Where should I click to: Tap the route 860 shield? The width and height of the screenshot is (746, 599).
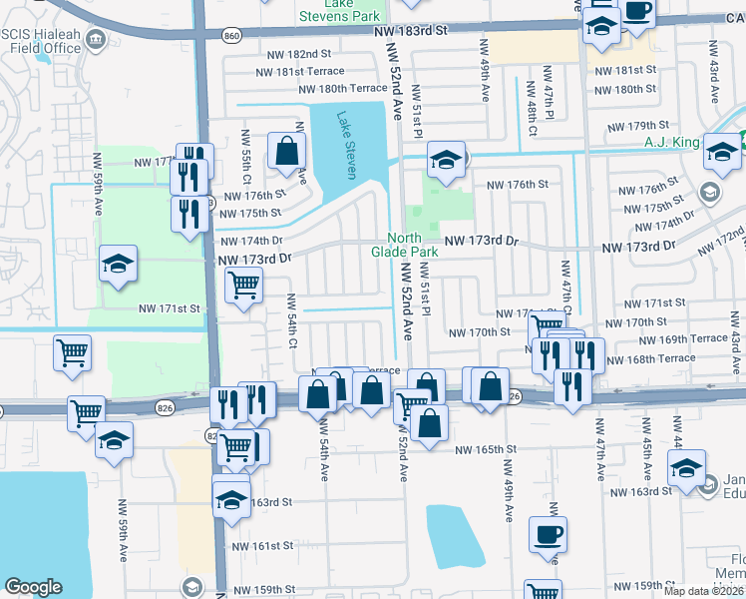pos(232,35)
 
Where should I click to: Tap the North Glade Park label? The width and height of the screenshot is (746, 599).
pos(414,245)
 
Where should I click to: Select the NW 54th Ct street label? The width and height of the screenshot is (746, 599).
pos(292,320)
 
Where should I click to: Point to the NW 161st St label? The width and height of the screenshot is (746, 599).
pos(262,546)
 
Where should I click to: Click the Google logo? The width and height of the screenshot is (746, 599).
pos(33,587)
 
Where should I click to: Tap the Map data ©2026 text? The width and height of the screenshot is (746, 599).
pos(703,591)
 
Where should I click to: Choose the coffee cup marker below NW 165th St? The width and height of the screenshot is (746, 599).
pos(548,533)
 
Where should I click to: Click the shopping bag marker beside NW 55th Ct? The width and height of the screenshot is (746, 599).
pos(286,151)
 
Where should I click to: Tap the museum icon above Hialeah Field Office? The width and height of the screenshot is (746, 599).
pos(97,40)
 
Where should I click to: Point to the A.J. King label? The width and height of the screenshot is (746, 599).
pos(672,143)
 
